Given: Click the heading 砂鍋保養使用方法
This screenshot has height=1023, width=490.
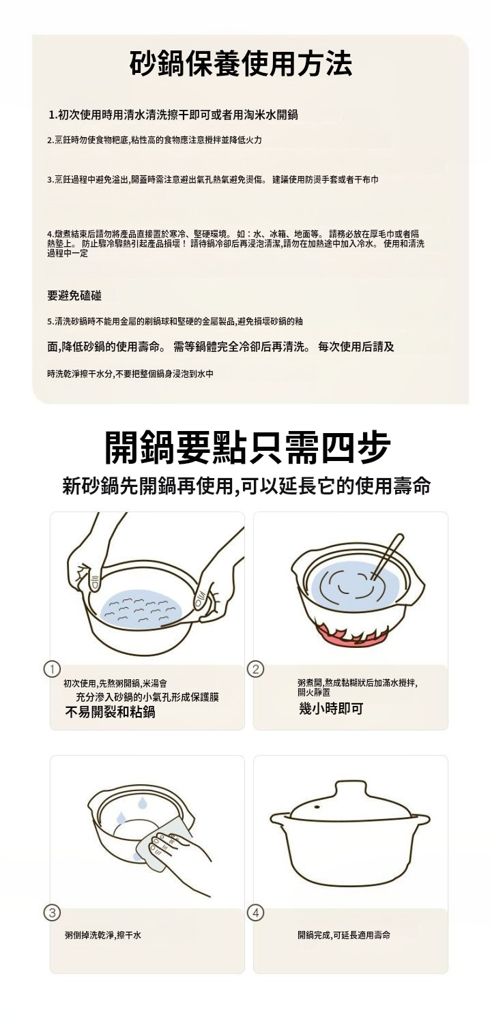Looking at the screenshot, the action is [241, 63].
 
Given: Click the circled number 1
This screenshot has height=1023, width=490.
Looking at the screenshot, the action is [52, 669].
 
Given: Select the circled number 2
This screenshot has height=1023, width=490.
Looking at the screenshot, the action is [255, 669].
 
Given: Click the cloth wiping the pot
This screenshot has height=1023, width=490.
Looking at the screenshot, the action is [164, 846].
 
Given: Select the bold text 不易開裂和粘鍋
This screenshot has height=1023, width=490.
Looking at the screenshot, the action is [110, 712].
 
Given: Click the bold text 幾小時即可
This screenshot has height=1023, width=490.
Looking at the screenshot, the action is [331, 709].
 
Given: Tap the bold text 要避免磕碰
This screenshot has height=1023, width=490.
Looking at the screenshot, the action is [74, 296].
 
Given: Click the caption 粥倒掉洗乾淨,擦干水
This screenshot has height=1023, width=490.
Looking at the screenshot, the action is [103, 936].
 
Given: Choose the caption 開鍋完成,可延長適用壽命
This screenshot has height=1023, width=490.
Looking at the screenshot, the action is [344, 936].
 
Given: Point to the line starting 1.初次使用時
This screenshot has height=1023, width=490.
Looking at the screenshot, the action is [173, 115].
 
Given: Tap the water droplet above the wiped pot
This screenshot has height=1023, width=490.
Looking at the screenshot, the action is [142, 800].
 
